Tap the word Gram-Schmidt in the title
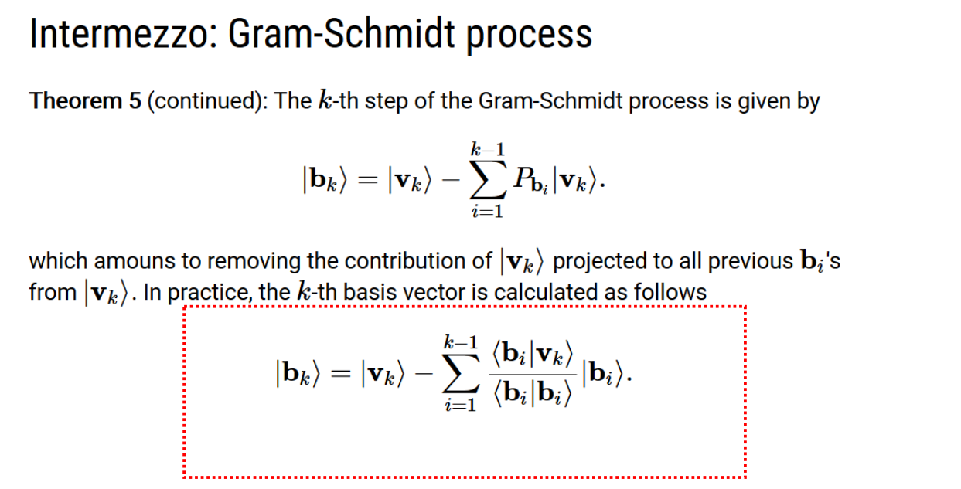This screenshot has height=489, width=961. (341, 34)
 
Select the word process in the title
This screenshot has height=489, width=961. (529, 37)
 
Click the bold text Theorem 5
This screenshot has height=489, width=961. (85, 100)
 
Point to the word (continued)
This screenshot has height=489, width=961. (207, 101)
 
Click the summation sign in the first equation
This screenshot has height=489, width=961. (488, 180)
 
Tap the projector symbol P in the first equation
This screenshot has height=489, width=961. (523, 177)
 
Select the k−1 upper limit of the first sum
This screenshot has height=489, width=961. (488, 149)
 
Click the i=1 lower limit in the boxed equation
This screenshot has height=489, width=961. (461, 405)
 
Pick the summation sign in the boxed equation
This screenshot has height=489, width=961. (461, 373)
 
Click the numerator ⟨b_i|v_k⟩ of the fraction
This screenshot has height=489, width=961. (533, 355)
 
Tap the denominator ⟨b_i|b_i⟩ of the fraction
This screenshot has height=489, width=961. (533, 392)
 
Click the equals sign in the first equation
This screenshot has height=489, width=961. (368, 181)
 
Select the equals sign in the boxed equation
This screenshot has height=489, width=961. (341, 374)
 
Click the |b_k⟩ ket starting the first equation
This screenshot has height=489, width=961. (325, 180)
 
